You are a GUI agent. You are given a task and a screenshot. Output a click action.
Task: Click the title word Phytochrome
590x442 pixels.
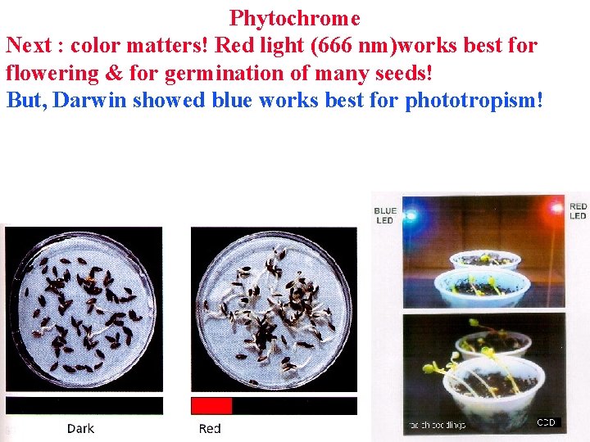coord(295,17)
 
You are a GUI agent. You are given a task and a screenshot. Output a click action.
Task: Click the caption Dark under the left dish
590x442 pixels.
coord(80,428)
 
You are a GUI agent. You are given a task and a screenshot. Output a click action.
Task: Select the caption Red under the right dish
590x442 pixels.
coord(210,428)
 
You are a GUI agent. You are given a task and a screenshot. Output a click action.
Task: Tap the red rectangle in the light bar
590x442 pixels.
coord(211,406)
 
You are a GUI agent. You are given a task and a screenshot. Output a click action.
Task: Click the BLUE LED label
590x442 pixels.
coord(385,215)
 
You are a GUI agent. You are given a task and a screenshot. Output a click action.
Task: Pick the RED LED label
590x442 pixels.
coord(578,211)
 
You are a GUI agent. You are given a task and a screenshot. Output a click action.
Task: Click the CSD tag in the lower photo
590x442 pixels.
coord(547,422)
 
